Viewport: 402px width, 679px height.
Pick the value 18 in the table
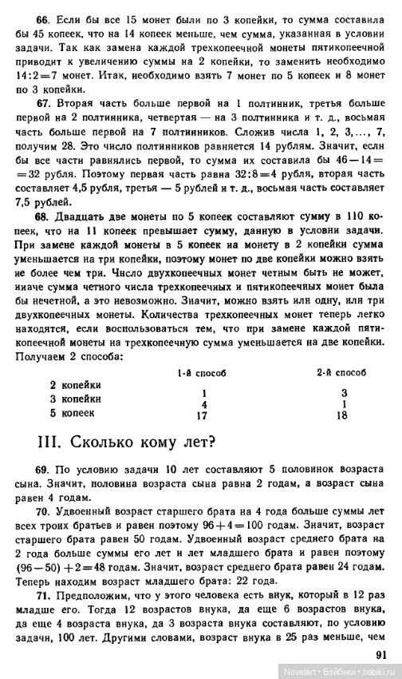[x=344, y=416]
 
